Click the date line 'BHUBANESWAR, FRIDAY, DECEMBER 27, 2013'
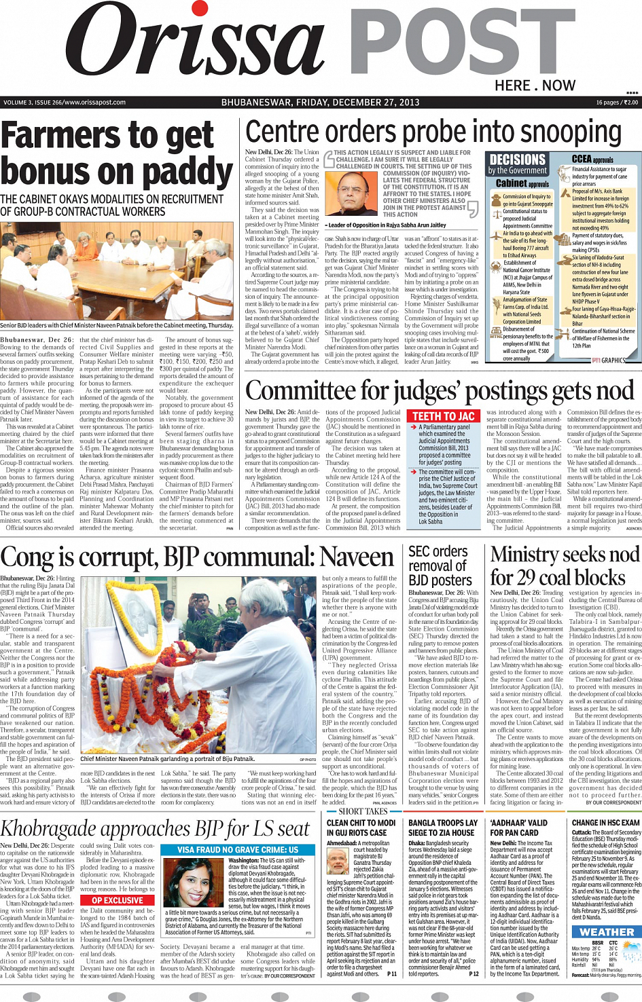[320, 103]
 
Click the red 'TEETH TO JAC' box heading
[444, 416]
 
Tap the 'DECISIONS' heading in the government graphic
[518, 160]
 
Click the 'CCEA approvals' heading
[592, 159]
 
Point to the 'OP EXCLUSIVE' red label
[118, 900]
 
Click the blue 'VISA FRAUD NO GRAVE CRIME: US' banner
[238, 850]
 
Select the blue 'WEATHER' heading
[607, 932]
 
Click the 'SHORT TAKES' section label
[363, 811]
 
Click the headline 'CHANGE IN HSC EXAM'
[606, 823]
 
